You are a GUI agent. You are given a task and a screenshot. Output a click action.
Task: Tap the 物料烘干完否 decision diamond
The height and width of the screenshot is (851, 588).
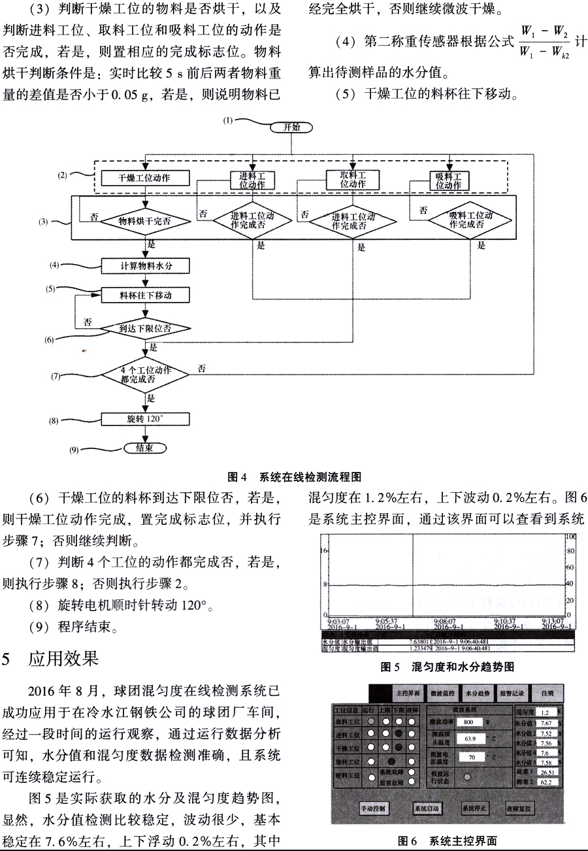point(144,222)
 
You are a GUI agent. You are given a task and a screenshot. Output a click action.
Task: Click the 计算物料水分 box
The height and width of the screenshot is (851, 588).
point(145,265)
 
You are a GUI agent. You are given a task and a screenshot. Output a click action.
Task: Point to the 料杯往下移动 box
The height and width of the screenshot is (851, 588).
point(145,295)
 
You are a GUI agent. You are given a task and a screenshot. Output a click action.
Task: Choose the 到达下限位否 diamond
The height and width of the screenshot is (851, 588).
point(145,329)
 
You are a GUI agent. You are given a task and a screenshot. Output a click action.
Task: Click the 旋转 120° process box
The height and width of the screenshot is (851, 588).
point(145,418)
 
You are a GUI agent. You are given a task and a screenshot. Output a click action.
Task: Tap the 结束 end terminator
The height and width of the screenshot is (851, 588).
point(145,448)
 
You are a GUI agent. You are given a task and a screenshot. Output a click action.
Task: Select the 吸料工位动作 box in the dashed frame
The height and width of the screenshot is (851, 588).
point(448,180)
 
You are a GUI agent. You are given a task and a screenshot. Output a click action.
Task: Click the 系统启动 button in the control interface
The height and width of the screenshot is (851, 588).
point(427,809)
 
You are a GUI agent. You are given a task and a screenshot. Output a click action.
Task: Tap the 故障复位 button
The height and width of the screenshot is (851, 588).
point(520,809)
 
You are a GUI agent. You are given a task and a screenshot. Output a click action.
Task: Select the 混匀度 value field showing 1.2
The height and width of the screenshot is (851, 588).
point(545,711)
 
